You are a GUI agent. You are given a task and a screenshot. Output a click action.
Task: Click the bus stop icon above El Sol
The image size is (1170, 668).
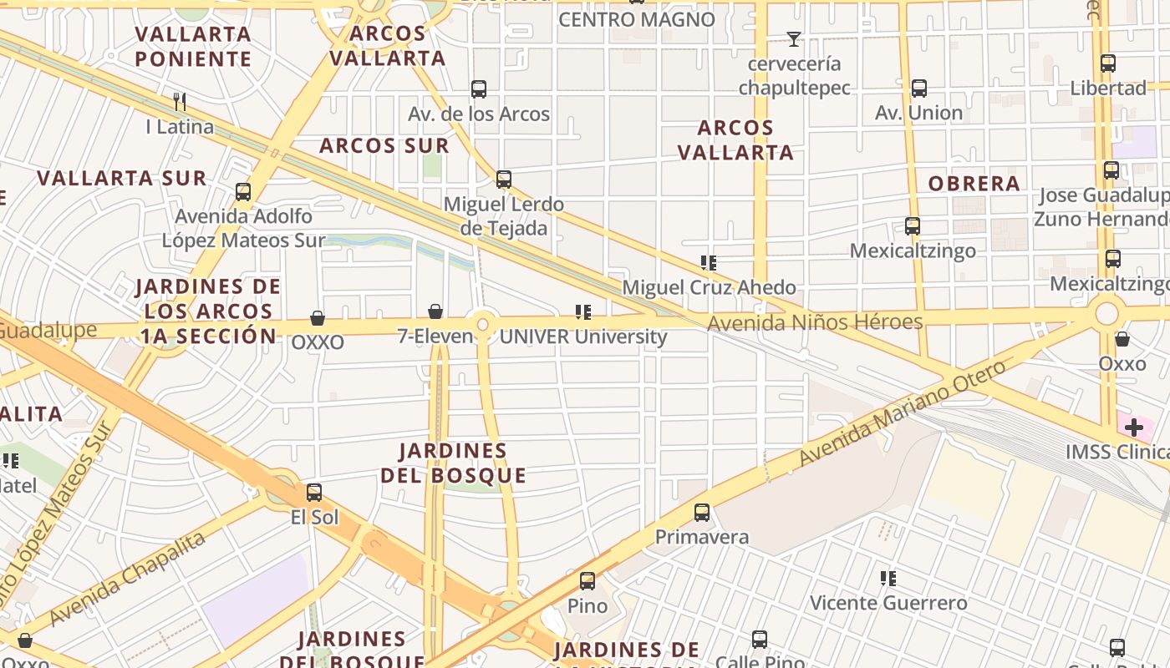point(314,493)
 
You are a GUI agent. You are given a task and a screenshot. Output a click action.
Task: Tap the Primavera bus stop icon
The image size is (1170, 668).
point(702,513)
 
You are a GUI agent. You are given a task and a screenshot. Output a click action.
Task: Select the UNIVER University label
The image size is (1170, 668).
point(582,337)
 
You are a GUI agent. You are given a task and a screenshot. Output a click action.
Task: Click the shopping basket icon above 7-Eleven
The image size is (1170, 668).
point(435,312)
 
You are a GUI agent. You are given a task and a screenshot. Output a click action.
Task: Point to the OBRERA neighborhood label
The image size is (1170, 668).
point(974,184)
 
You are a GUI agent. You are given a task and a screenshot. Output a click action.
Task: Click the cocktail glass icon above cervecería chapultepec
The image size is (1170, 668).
point(793,39)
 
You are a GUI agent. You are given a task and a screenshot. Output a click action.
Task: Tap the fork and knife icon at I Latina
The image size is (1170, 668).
point(180,102)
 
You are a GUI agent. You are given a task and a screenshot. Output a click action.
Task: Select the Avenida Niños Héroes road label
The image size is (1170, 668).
point(815,322)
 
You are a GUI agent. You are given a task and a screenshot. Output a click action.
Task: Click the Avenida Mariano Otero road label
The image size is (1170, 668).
point(903,413)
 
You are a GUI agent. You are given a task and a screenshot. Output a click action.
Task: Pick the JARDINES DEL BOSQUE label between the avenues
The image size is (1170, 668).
point(453,463)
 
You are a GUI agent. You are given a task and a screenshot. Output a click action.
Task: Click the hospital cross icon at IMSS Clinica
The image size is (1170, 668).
point(1133,428)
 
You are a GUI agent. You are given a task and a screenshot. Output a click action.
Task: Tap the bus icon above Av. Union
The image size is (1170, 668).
point(919,89)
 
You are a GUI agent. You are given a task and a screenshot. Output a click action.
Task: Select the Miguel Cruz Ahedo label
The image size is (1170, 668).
point(709,287)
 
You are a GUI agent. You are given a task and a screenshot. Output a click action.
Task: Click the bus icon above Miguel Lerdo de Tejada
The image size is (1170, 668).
point(503,180)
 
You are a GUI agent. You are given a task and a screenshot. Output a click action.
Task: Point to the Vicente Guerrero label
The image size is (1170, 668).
point(888,602)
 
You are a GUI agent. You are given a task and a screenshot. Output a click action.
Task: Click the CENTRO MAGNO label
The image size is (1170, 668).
point(636,19)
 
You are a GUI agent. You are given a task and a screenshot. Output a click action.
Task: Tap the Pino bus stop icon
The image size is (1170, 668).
point(588,581)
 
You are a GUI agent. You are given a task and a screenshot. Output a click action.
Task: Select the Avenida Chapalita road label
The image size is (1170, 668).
point(127,579)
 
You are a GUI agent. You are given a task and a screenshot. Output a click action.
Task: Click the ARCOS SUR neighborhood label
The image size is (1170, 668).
point(384,145)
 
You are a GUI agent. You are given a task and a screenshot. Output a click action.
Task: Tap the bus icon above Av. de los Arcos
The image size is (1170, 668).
point(479,89)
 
